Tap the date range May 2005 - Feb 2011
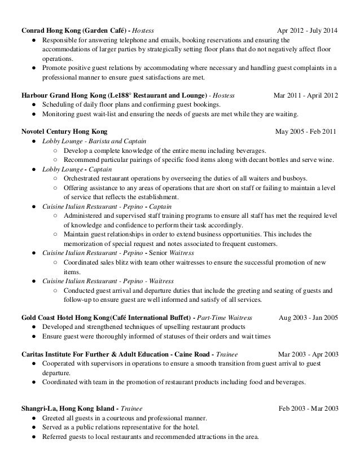click(x=306, y=132)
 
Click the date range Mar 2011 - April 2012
click(x=305, y=95)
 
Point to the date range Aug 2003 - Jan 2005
click(x=308, y=317)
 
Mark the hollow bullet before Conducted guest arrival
click(x=55, y=290)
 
